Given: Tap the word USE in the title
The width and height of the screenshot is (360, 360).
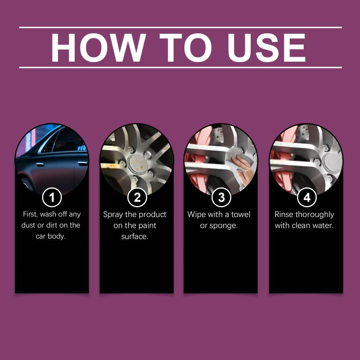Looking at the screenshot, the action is tap(266, 48).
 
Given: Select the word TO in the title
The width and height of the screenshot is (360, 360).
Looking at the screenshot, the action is tap(185, 48).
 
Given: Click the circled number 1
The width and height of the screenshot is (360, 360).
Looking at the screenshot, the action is tap(52, 197).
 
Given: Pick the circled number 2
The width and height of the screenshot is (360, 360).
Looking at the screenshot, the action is tap(137, 197).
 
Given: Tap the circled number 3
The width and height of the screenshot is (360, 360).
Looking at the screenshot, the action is tap(221, 197).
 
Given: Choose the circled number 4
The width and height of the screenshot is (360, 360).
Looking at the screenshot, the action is tap(307, 197).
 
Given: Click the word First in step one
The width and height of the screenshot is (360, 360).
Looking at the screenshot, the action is tap(30, 214).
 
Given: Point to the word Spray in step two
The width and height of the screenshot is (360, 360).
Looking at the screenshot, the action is tap(113, 215).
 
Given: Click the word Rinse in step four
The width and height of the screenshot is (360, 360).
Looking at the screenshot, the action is tap(284, 214).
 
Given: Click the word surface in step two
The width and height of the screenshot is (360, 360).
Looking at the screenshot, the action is tap(135, 237).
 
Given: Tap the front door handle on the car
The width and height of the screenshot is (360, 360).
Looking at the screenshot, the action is tap(40, 164).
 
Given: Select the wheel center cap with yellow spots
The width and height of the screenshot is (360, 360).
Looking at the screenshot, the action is tap(137, 164).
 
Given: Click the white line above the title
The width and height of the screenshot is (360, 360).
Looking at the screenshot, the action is tap(180, 27).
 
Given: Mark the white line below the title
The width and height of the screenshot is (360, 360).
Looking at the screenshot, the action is tap(180, 67).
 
